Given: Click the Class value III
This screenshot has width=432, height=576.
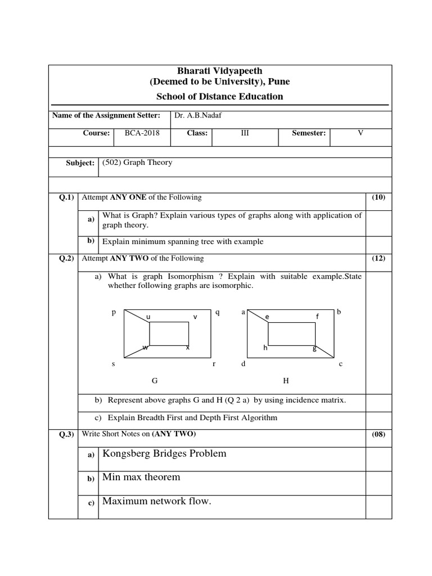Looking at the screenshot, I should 245,133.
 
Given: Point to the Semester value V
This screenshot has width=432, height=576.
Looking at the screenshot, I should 361,133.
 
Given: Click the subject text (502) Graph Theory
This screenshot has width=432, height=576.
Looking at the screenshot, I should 137,163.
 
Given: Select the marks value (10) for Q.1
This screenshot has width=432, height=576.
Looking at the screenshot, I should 379,197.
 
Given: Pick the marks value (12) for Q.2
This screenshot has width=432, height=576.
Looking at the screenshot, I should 379,258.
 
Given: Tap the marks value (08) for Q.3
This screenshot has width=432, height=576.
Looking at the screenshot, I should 379,435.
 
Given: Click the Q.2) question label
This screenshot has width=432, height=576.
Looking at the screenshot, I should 67,258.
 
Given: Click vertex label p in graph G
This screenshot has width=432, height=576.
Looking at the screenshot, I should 114,311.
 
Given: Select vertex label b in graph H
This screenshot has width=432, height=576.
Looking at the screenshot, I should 339,311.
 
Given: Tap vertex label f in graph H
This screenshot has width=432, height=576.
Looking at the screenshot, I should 317,317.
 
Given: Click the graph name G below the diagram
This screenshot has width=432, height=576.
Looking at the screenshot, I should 154,381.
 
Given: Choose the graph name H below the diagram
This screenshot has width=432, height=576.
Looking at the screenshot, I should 286,381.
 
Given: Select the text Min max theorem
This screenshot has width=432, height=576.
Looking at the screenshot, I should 141,477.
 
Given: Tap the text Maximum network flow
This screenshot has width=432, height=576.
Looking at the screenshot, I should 156,501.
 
